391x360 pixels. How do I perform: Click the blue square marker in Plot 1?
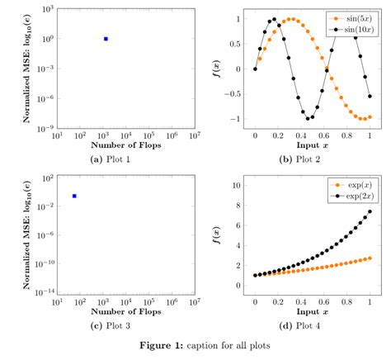[x=106, y=39]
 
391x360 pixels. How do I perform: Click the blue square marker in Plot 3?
[x=74, y=196]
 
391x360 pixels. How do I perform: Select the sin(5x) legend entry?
[x=354, y=17]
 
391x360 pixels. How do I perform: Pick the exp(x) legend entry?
[x=354, y=186]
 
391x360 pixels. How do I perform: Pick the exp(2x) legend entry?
[x=354, y=197]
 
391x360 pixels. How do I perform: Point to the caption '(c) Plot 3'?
[x=125, y=328]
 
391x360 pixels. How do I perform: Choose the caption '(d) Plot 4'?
[x=312, y=328]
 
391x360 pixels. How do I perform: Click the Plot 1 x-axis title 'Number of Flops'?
[x=126, y=145]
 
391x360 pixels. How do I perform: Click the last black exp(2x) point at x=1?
[x=370, y=212]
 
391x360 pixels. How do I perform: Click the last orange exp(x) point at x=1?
[x=370, y=258]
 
